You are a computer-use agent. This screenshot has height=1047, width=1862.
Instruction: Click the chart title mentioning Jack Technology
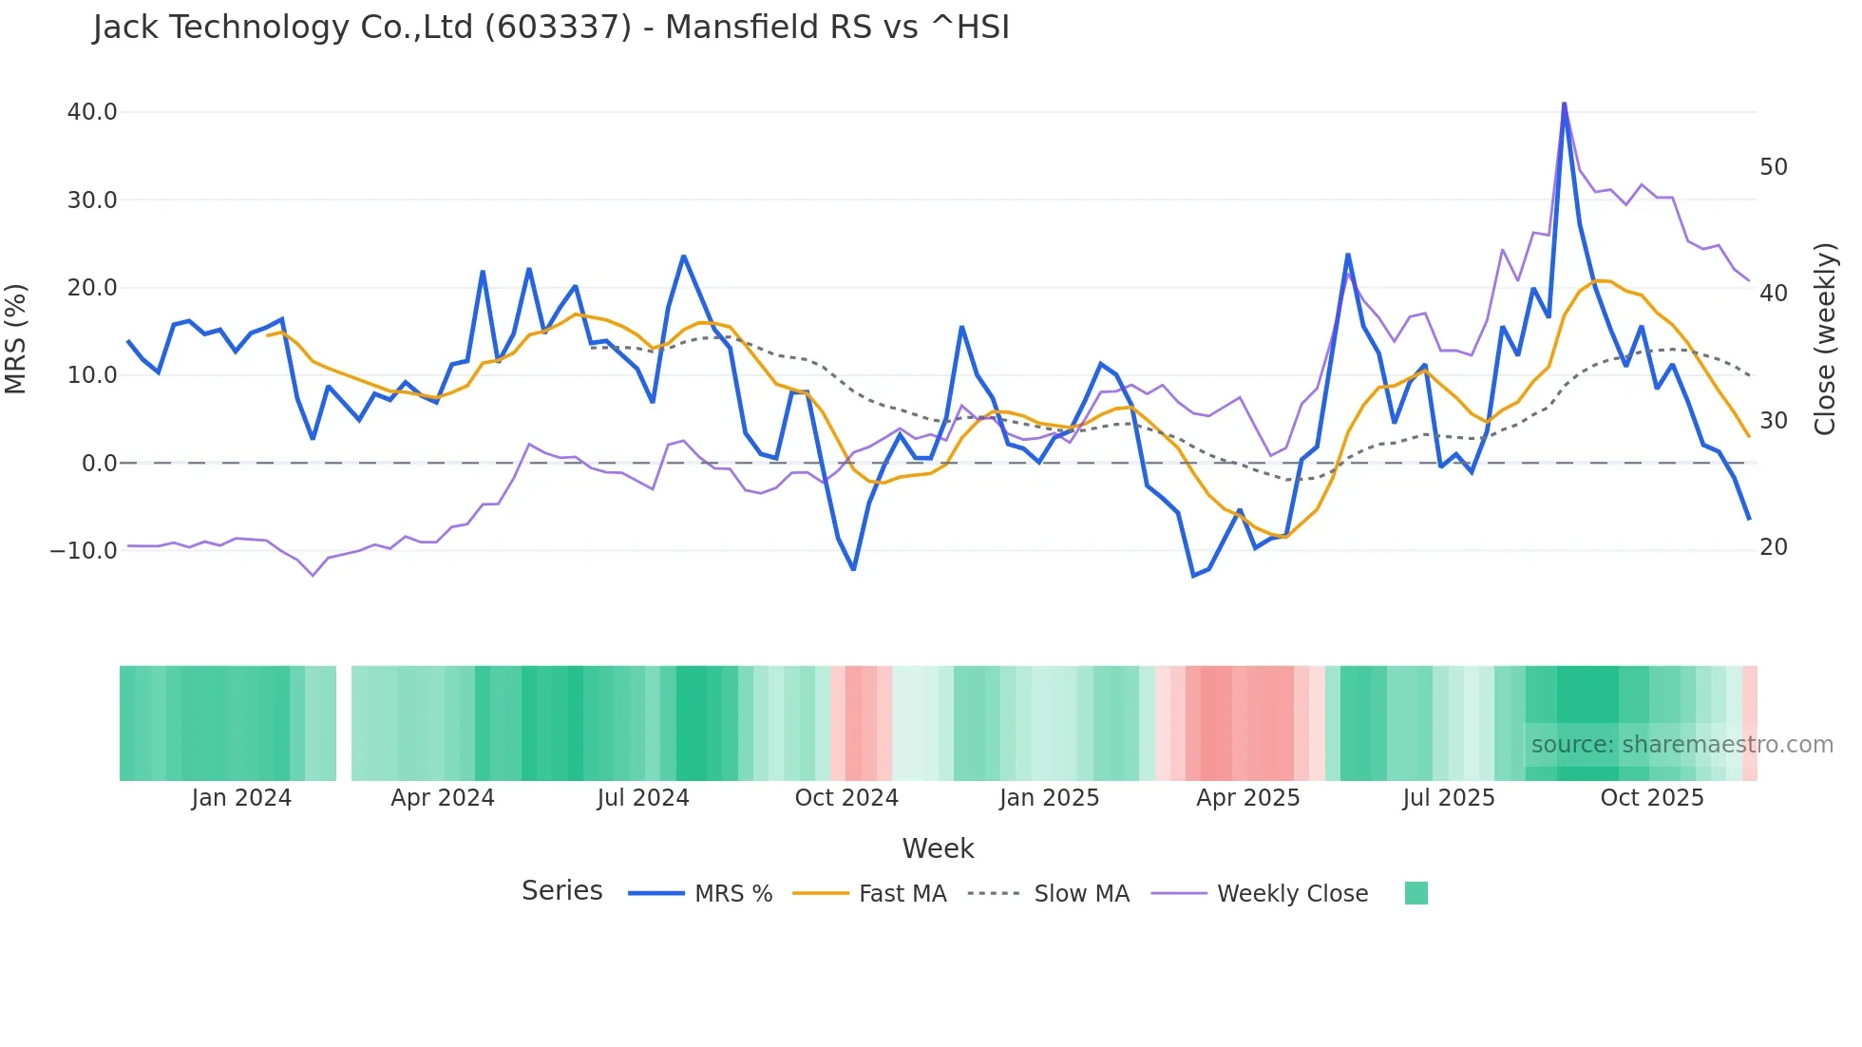click(x=551, y=28)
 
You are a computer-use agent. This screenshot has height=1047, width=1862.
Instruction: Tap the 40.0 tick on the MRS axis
click(x=92, y=112)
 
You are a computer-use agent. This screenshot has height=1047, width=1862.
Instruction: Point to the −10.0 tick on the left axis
click(x=84, y=551)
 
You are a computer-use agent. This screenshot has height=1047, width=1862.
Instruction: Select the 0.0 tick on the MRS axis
click(x=99, y=464)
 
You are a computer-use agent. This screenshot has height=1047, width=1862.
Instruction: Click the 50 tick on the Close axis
click(x=1773, y=167)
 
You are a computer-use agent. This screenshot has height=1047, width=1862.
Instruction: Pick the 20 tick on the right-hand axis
click(x=1773, y=547)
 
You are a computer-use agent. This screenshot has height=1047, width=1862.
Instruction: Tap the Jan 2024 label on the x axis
click(x=241, y=798)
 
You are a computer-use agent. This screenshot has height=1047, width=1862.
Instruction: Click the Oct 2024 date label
click(x=846, y=798)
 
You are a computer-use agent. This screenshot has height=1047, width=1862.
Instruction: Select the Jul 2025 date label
click(x=1449, y=798)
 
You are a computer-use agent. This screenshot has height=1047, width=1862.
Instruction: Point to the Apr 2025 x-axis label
click(x=1247, y=798)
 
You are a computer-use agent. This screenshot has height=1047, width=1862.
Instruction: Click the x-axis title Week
click(x=938, y=848)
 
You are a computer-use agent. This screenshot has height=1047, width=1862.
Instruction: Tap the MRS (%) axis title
click(x=16, y=338)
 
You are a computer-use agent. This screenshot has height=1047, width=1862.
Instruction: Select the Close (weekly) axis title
click(x=1825, y=339)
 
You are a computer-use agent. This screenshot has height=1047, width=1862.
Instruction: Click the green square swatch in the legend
click(x=1415, y=893)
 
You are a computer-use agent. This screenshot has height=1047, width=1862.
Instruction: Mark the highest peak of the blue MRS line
click(x=1564, y=104)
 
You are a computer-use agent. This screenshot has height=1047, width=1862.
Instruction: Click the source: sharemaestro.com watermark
click(x=1681, y=745)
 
